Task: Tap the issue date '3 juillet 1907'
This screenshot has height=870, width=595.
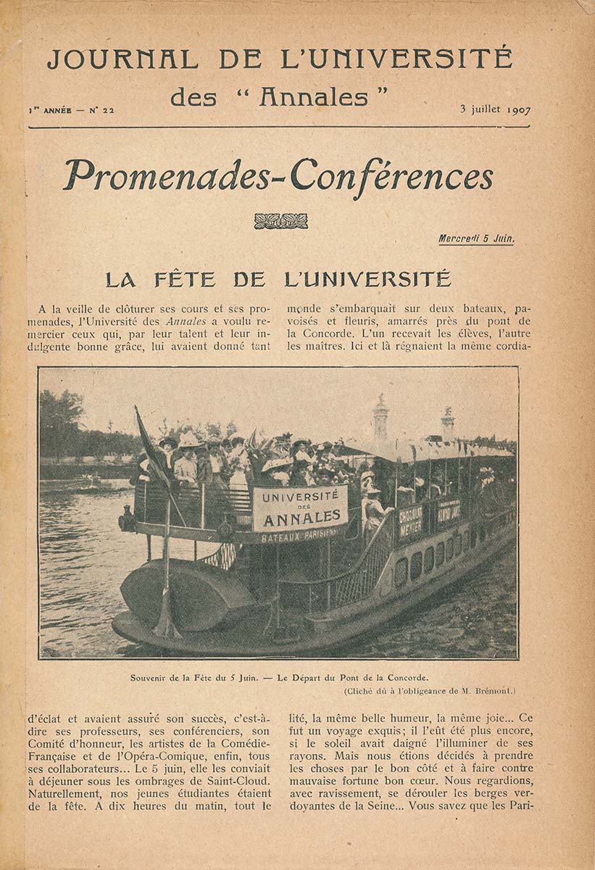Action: tap(495, 110)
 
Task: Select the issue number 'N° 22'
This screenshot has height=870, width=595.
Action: tap(101, 111)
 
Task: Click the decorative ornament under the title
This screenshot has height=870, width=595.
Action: tap(280, 221)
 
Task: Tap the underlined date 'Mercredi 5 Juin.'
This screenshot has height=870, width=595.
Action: tap(475, 239)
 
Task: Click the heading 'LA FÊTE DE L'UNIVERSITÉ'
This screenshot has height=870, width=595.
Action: tap(278, 279)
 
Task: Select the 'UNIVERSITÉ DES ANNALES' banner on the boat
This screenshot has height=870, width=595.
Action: tap(300, 507)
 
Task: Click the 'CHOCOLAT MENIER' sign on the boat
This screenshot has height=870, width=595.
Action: tap(411, 521)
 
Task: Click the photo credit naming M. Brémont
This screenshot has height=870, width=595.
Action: tap(429, 691)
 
